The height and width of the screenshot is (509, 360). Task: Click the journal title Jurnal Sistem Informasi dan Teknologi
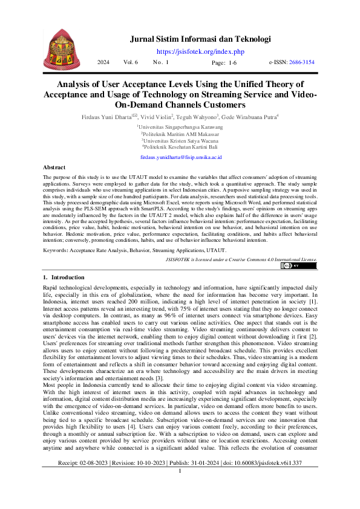point(200,39)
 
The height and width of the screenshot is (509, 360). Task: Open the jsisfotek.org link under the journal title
point(200,52)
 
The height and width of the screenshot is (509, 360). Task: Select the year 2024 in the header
point(103,62)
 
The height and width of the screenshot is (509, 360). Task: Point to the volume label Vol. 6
point(131,62)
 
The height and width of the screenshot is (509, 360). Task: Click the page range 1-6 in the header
point(232,63)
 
